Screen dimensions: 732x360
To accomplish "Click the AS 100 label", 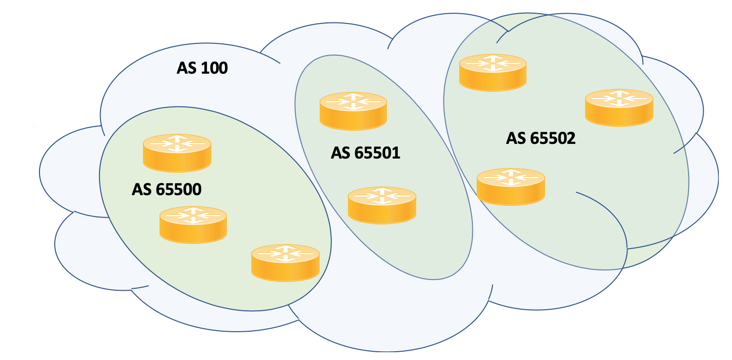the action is point(202,68).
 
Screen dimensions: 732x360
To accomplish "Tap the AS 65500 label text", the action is point(167,189).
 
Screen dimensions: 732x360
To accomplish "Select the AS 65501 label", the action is point(366,153).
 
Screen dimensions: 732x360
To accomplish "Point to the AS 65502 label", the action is point(541,138).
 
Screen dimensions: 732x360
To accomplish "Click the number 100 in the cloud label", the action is point(214,68).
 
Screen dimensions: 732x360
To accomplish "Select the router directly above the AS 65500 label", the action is point(177,153).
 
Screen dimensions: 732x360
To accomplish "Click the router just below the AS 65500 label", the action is point(193,225).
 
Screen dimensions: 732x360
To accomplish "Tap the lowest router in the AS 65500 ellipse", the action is point(285,262).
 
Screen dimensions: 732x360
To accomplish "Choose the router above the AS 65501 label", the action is point(353,111).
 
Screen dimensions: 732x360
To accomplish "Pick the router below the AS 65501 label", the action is point(382,205).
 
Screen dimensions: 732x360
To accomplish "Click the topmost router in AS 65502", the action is point(493,73).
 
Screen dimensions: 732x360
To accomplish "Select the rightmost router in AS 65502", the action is point(619,108).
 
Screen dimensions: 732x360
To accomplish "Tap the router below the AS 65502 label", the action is point(511,187).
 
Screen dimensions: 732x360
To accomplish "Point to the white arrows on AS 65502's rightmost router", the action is point(619,98).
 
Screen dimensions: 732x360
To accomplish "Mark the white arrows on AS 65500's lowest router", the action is point(285,253).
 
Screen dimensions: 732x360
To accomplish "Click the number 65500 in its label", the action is point(179,189).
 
